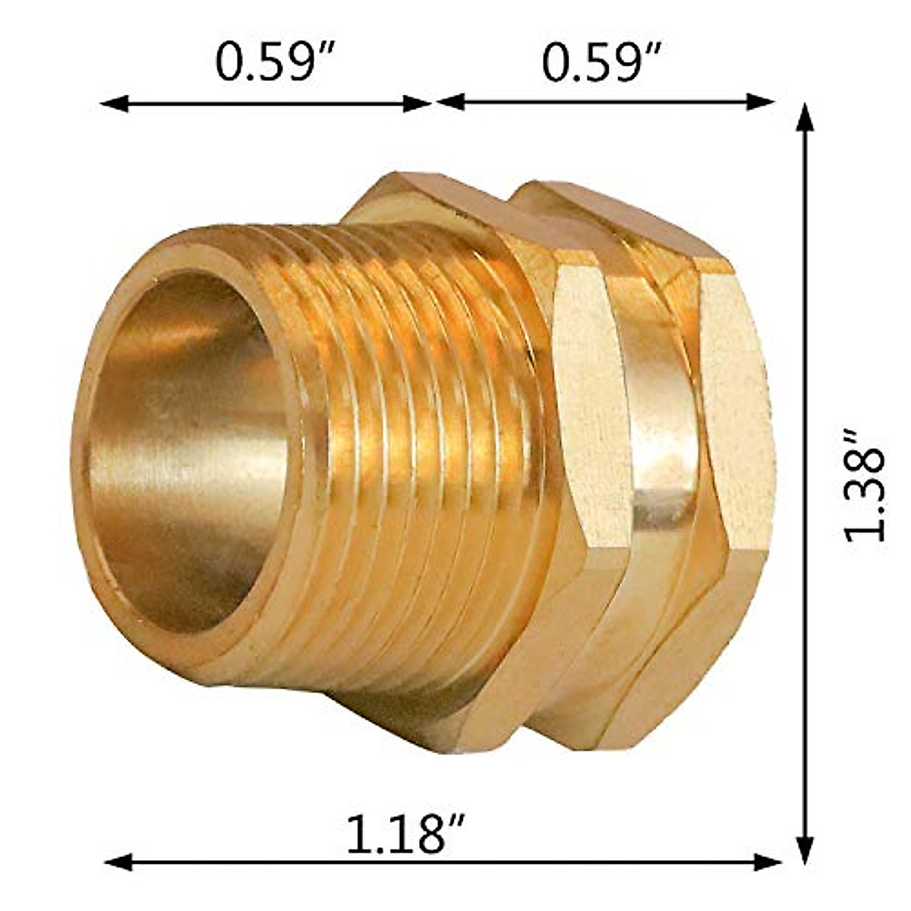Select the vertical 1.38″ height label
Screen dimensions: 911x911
pyautogui.click(x=865, y=484)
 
